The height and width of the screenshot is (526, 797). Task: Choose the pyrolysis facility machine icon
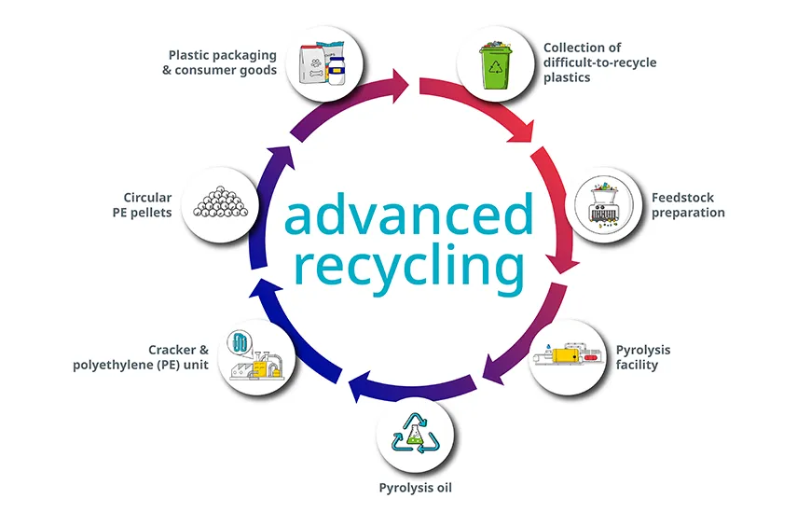567,358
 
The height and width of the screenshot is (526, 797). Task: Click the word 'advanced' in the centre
408,215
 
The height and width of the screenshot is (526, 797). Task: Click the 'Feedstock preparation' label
688,205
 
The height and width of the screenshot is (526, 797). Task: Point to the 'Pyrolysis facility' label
642,357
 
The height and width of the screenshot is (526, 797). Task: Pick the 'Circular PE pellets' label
147,205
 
